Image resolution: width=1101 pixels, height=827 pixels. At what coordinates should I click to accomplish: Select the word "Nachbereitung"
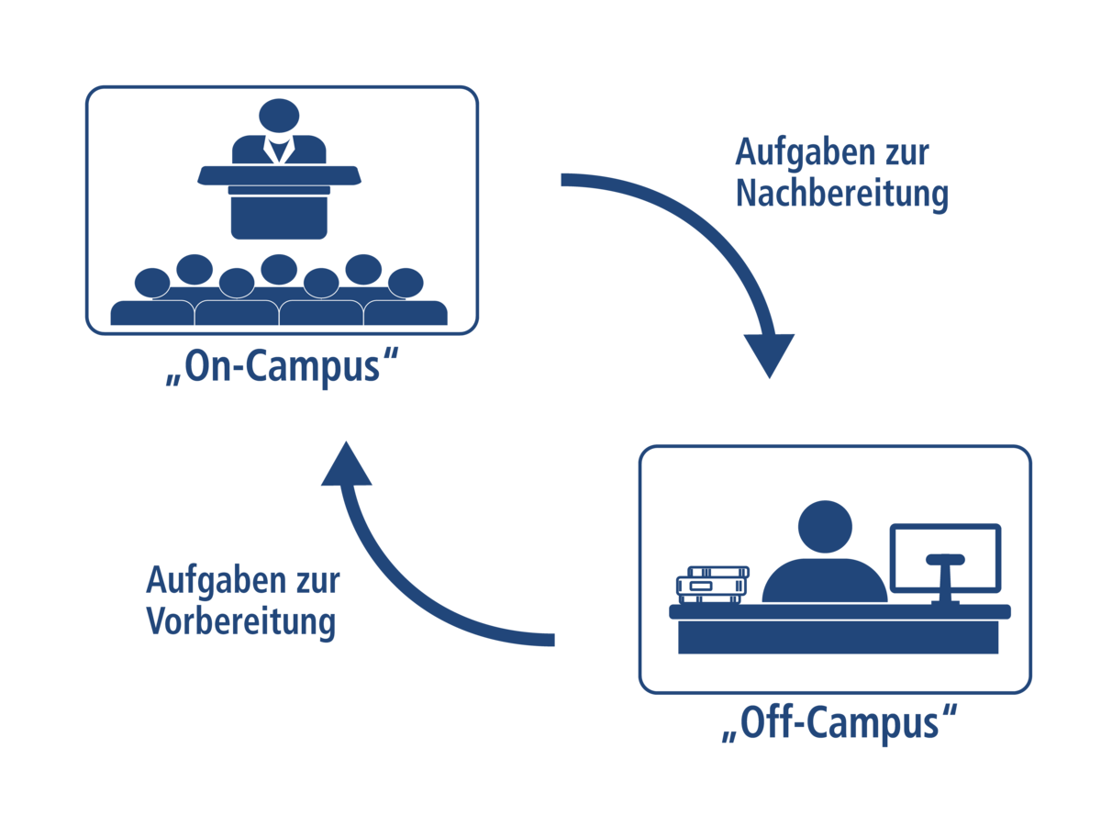tap(841, 195)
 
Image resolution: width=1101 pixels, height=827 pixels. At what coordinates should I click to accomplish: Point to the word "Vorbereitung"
tap(241, 621)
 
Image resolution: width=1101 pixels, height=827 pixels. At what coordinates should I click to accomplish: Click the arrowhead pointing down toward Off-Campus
tap(769, 354)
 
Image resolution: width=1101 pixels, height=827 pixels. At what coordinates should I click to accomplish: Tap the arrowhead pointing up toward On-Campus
tap(346, 464)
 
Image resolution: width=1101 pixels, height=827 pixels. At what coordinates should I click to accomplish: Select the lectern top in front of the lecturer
tap(278, 174)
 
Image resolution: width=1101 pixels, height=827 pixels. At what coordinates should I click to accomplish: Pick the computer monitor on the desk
tap(945, 556)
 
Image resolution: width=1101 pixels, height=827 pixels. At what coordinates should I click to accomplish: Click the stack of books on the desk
tap(712, 585)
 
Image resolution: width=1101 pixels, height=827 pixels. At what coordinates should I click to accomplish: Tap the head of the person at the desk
tap(825, 528)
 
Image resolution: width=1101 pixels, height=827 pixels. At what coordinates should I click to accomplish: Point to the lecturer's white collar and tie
tap(278, 149)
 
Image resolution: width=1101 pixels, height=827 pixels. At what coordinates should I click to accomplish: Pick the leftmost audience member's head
tap(152, 282)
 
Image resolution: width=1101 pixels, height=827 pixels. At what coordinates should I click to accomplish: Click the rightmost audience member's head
tap(406, 282)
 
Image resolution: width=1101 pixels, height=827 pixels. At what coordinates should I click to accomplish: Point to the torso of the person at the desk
tap(825, 582)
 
